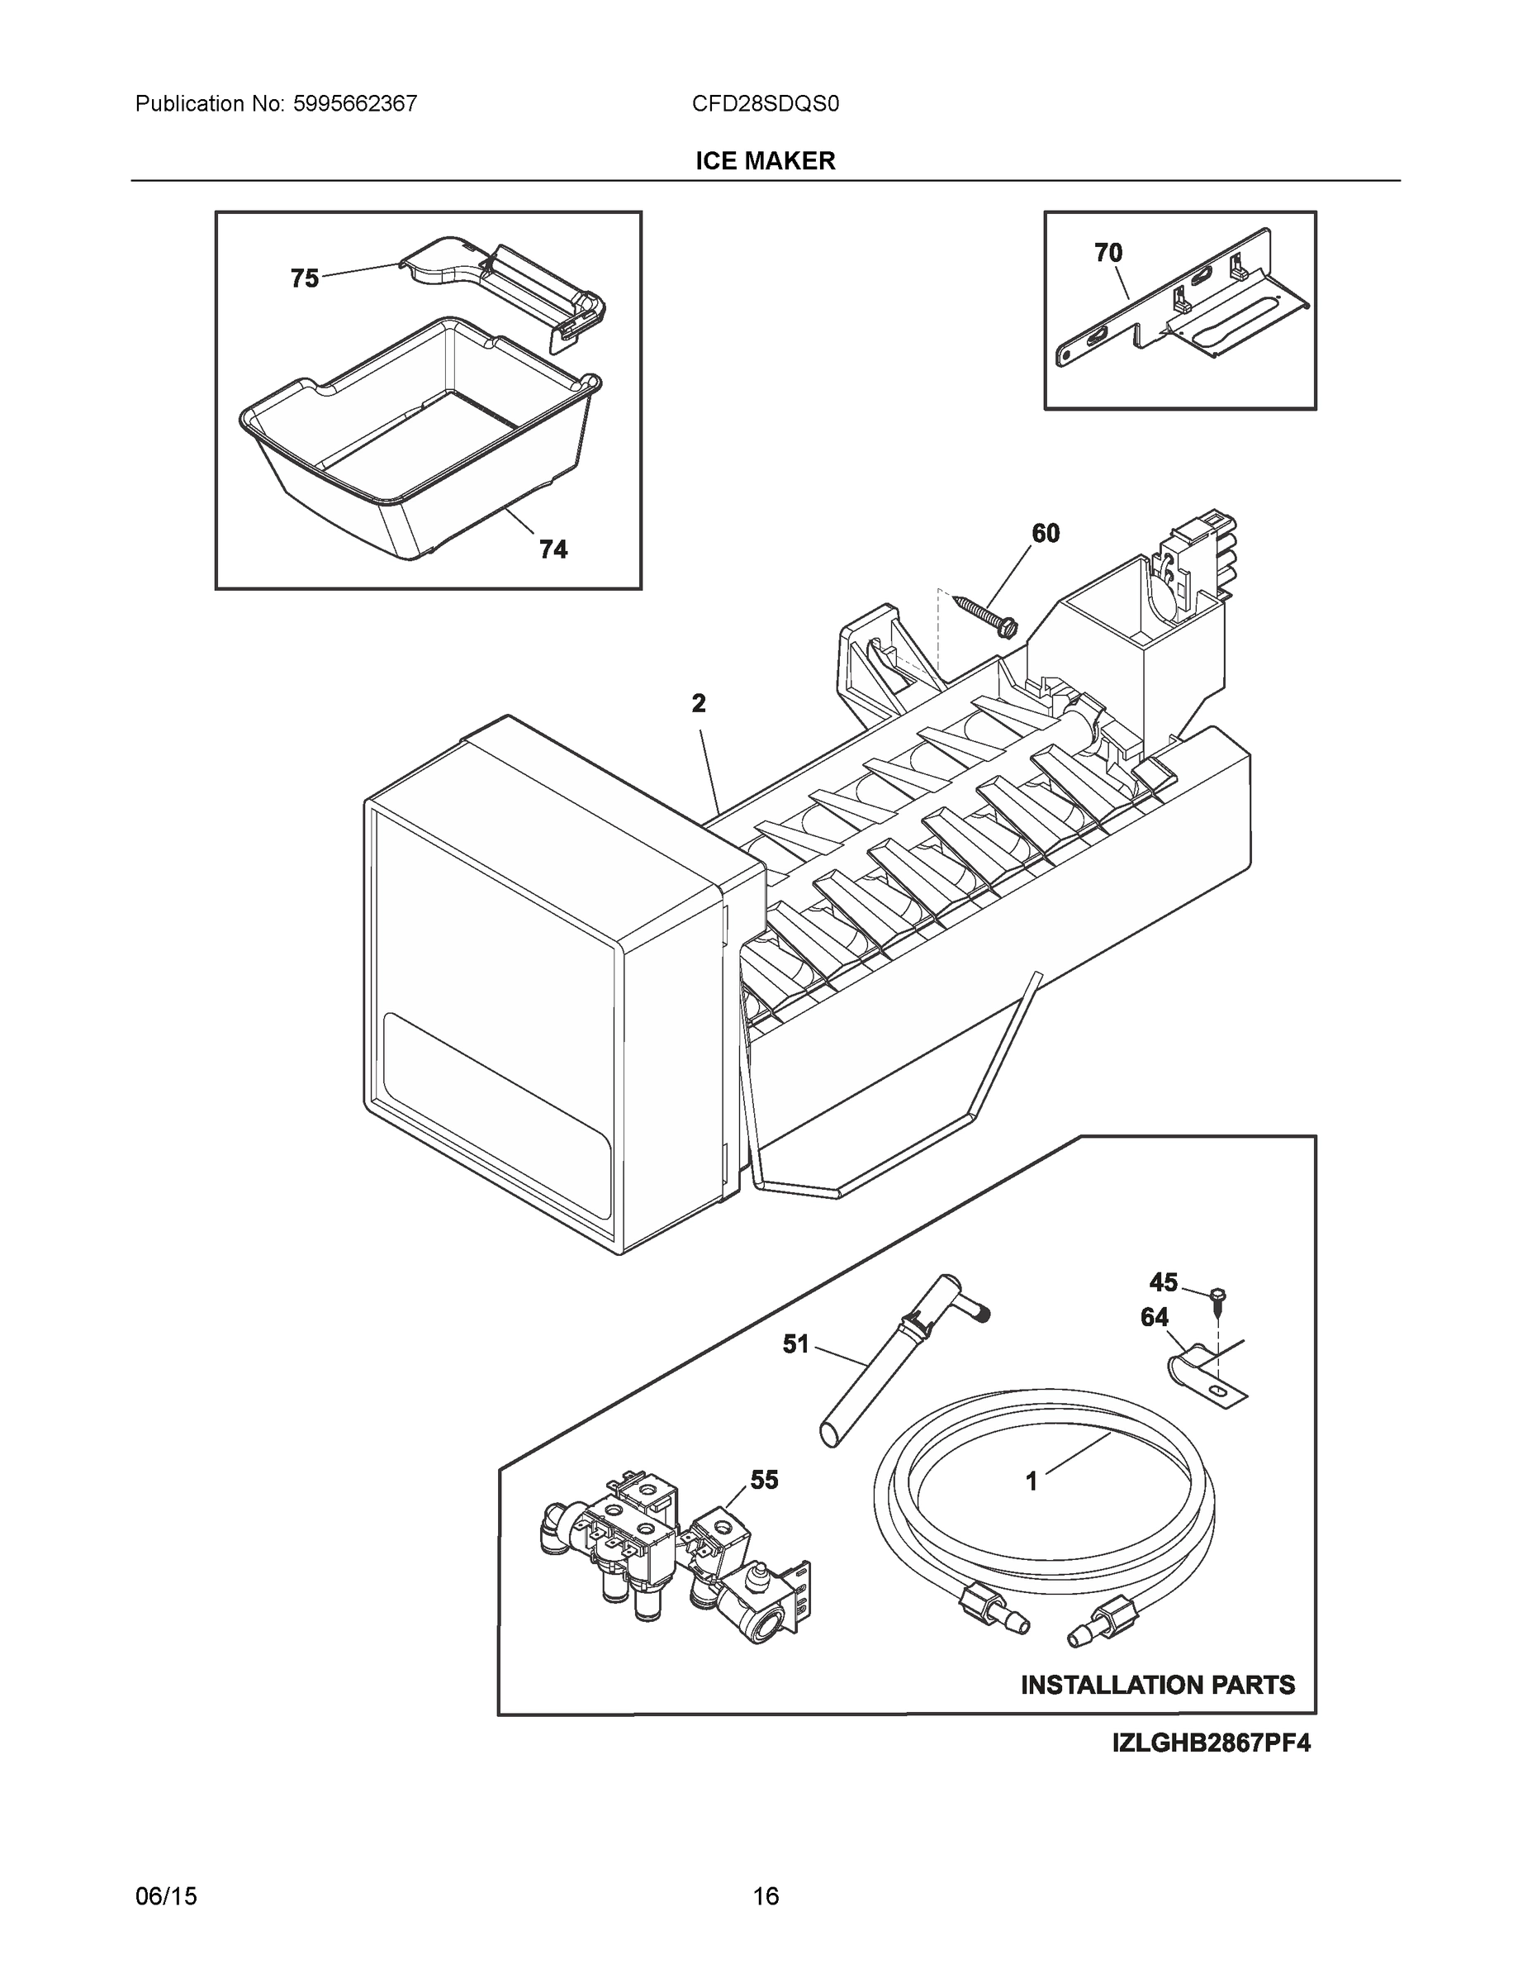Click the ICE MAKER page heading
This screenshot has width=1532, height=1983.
coord(765,161)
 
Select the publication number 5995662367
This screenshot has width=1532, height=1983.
coord(355,103)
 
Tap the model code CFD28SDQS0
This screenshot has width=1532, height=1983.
coord(765,103)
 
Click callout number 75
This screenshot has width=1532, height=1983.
coord(305,278)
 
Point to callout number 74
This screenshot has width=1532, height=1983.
coord(553,549)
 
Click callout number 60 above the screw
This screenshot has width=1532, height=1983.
coord(1046,533)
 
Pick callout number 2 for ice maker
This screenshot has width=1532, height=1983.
coord(698,703)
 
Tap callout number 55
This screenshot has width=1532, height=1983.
coord(763,1480)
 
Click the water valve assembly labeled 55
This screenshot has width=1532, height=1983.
coord(671,1562)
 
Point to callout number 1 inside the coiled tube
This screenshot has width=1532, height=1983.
coord(1031,1481)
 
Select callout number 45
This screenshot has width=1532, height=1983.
coord(1163,1282)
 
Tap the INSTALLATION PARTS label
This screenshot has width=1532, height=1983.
coord(1158,1684)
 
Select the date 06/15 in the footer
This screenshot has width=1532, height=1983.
coord(166,1896)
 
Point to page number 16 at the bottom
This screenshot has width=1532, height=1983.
coord(765,1896)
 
